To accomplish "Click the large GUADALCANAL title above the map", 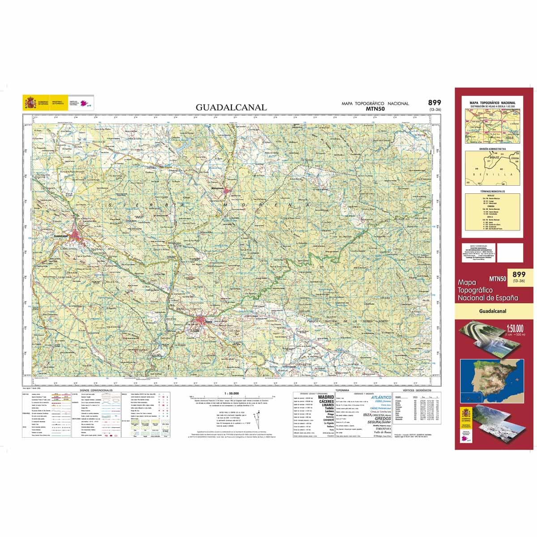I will [231, 107].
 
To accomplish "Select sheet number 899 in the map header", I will [435, 102].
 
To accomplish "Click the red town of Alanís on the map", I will [202, 321].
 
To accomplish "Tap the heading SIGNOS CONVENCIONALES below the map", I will [96, 390].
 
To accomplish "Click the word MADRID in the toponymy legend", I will [326, 397].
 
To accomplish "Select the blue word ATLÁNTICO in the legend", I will [380, 397].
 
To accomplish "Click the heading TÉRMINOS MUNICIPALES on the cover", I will [492, 192].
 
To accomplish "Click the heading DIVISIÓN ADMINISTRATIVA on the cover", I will [492, 149].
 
